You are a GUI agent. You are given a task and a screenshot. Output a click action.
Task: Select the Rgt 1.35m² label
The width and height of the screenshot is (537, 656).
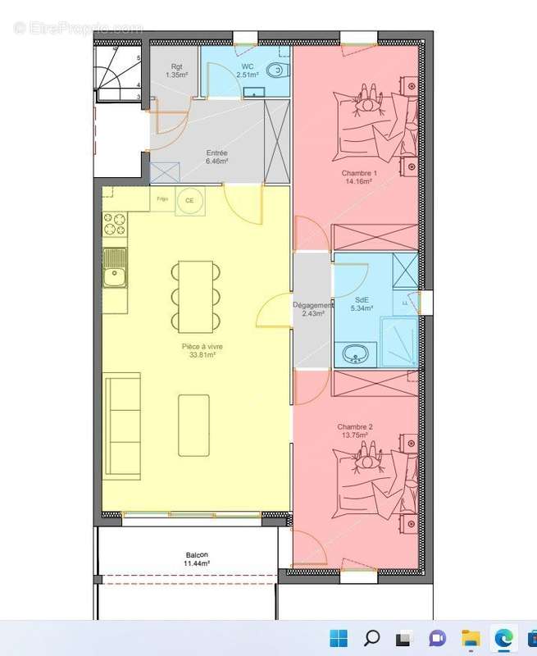click(x=177, y=71)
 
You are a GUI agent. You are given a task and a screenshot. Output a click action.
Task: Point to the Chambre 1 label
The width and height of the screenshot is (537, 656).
click(x=358, y=178)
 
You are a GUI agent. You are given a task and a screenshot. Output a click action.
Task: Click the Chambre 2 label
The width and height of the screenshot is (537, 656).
click(x=354, y=430)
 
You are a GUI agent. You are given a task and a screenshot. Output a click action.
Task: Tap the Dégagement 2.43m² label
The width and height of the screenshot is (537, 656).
click(x=312, y=309)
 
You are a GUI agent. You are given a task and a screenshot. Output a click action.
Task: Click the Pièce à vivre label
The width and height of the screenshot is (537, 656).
click(x=202, y=351)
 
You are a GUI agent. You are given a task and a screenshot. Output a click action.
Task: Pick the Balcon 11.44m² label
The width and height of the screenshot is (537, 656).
click(x=198, y=559)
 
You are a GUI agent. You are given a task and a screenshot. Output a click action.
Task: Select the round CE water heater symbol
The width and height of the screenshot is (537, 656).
click(x=189, y=200)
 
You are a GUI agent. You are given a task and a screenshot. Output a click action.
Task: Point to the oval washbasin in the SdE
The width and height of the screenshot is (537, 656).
click(x=356, y=354)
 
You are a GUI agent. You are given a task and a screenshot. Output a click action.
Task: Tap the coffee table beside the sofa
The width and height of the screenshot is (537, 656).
click(x=193, y=425)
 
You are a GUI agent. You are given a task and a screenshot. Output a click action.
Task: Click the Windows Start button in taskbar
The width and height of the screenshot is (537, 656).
click(x=338, y=638)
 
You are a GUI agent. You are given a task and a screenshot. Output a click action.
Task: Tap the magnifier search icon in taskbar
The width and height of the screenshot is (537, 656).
click(x=371, y=638)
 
